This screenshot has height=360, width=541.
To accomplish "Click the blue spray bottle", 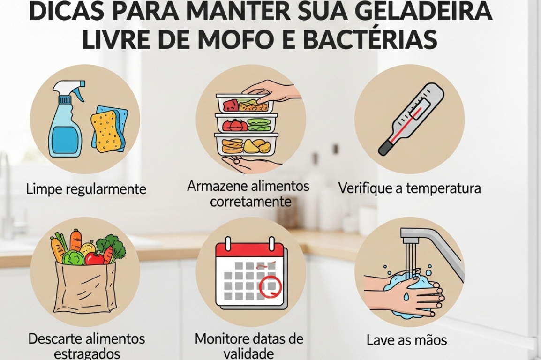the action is pos(66,118).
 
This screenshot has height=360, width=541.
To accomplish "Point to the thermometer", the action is pos(411,118).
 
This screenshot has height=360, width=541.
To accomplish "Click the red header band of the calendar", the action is pos(249,252).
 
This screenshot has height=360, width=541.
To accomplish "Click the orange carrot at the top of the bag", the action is pos(76,240).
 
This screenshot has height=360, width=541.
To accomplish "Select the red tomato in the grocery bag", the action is pos(94,258).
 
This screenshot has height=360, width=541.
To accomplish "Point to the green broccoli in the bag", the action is pos(111,246).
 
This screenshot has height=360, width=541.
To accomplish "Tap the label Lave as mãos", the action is pos(406,340).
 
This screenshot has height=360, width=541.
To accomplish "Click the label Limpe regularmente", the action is pos(86,189).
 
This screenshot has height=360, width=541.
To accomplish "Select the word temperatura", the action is pos(443,188).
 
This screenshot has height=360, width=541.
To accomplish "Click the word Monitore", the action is pos(226,338).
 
